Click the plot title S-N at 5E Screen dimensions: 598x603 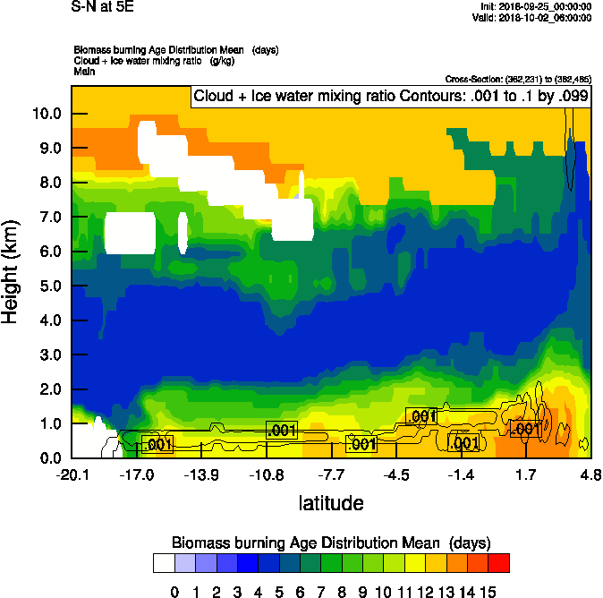point(102,8)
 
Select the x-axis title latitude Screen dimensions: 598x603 point(330,503)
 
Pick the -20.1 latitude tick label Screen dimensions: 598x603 point(72,474)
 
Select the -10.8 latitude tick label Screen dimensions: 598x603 point(267,474)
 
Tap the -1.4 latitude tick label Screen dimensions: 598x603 point(462,474)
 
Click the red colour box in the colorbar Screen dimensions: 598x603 point(499,563)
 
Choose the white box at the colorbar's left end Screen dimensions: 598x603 point(164,563)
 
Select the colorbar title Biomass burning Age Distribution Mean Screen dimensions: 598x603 point(330,542)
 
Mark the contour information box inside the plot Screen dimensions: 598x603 point(391,96)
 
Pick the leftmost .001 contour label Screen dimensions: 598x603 point(157,444)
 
